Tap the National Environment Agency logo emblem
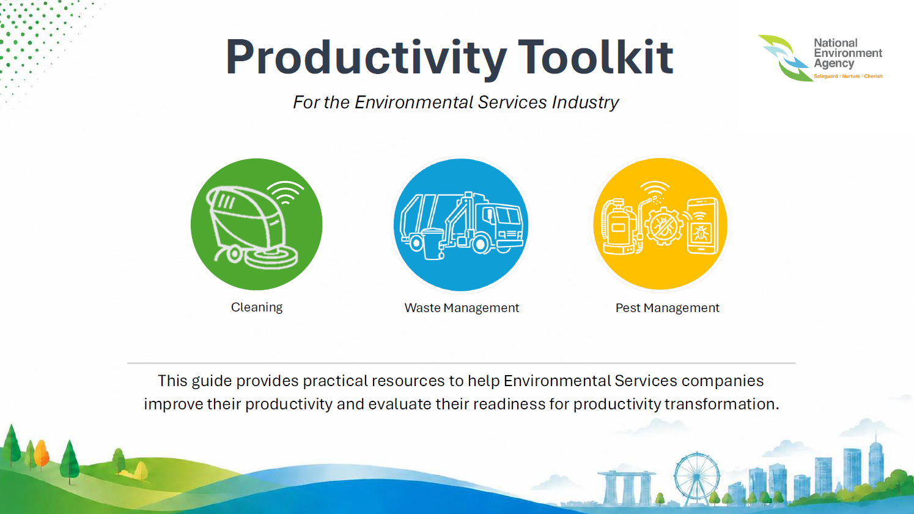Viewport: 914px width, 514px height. tap(783, 58)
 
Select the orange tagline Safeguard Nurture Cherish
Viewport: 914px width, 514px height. tap(848, 76)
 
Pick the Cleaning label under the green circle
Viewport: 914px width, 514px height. tap(257, 307)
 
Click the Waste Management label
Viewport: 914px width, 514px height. tap(462, 307)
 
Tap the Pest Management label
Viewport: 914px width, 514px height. tap(667, 307)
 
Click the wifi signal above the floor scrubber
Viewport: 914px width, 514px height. tap(286, 192)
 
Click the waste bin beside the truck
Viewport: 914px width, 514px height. tap(432, 244)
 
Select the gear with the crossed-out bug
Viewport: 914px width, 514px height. tap(663, 226)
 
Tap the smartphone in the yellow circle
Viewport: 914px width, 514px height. tap(702, 226)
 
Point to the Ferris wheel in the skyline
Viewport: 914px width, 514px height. tap(696, 478)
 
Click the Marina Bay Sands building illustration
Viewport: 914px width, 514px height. tap(626, 487)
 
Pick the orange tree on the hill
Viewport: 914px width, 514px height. tap(41, 454)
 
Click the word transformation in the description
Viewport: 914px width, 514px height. tap(722, 404)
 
